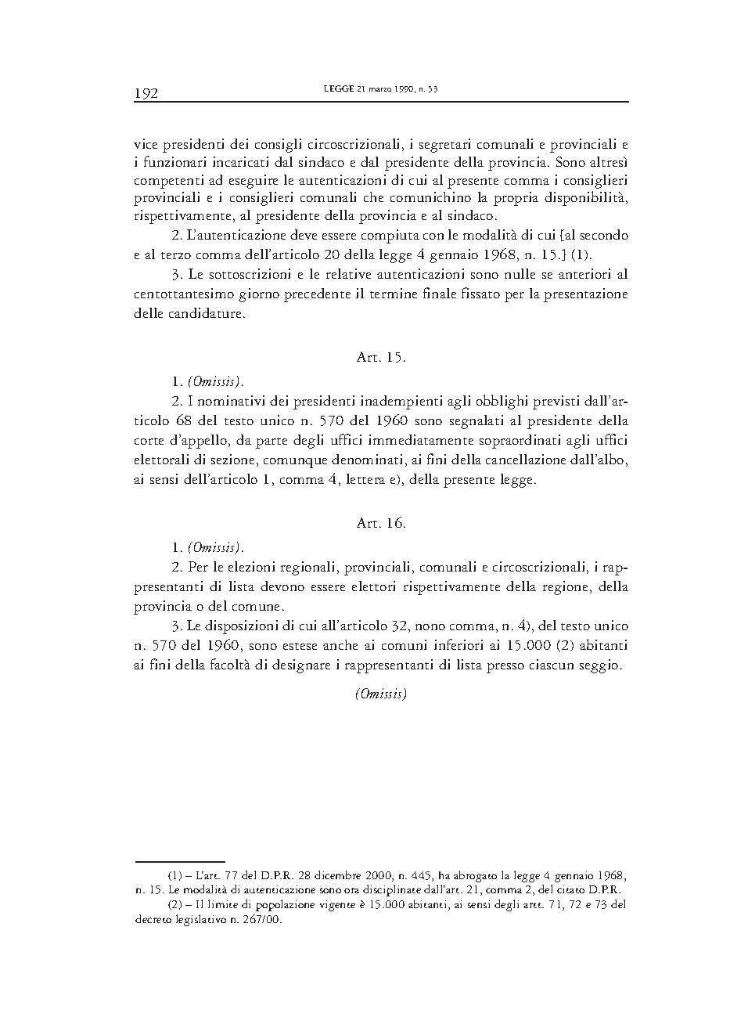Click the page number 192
146,93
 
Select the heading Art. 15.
380,358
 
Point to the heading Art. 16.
380,523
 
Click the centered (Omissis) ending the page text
380,693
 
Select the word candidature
211,315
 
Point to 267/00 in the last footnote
263,920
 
